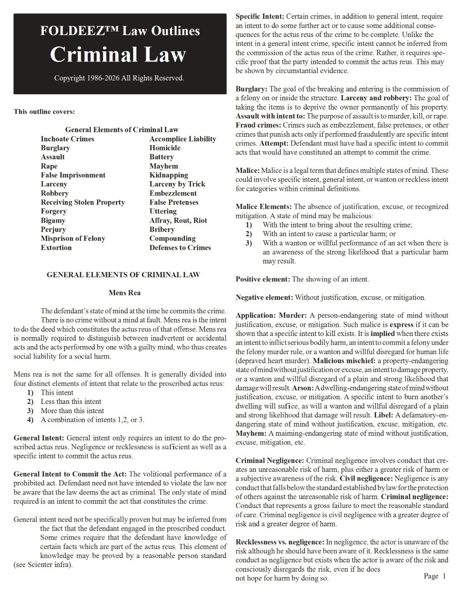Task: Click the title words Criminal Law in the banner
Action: tap(118, 54)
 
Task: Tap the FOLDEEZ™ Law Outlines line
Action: tap(120, 31)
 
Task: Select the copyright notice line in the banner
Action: tap(119, 78)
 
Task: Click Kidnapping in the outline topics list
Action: tap(169, 175)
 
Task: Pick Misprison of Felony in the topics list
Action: tap(73, 238)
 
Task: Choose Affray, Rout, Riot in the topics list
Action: tap(178, 220)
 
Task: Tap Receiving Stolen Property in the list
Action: tap(83, 202)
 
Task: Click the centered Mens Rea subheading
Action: tap(124, 293)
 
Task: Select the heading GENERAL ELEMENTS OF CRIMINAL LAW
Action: tap(123, 275)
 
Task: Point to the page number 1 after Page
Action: tap(444, 576)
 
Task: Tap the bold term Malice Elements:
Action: tap(263, 207)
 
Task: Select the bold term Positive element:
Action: tap(263, 279)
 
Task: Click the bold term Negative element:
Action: tap(264, 297)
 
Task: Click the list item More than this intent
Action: tap(72, 411)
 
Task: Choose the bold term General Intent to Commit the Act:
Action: tap(70, 474)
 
